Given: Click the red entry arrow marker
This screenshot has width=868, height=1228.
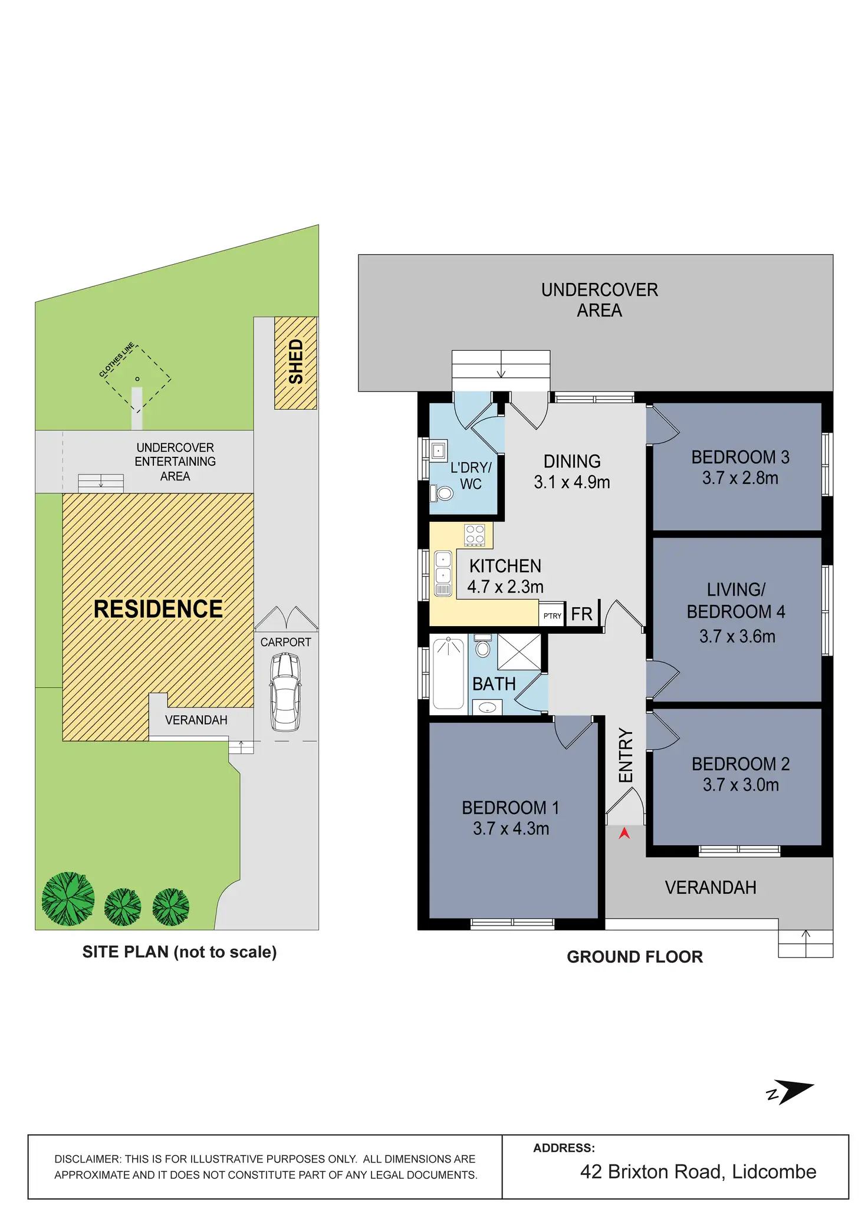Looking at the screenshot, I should coord(624,833).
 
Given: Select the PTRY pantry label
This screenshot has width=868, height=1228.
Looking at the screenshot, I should coord(553,616).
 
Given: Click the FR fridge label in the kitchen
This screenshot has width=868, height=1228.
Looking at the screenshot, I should coord(581,614).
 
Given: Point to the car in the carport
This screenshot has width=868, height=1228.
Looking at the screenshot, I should coord(285,691).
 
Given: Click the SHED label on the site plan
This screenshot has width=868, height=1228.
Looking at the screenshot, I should coord(295,362).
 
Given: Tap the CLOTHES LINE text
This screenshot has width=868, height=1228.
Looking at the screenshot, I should coord(117,359).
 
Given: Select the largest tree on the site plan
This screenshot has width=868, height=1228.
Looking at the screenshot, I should coord(68,898).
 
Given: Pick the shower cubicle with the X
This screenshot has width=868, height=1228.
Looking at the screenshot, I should coord(519,652).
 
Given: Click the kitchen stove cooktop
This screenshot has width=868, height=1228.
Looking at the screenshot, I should coord(475,534).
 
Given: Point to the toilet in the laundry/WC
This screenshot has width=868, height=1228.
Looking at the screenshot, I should coord(442,492).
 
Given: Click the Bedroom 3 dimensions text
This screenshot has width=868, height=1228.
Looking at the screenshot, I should coord(740,478).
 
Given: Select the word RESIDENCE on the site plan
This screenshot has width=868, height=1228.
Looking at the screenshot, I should coord(158,609).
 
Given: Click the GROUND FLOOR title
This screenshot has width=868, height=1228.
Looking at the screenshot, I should coord(634,957).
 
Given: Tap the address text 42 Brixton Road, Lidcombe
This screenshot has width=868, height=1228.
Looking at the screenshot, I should coord(698,1171).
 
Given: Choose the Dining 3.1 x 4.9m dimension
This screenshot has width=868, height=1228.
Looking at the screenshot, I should coord(571,482).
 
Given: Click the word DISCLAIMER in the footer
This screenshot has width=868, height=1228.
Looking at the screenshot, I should coord(87,1159).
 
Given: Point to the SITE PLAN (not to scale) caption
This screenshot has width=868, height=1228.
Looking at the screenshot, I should coord(179,952).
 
